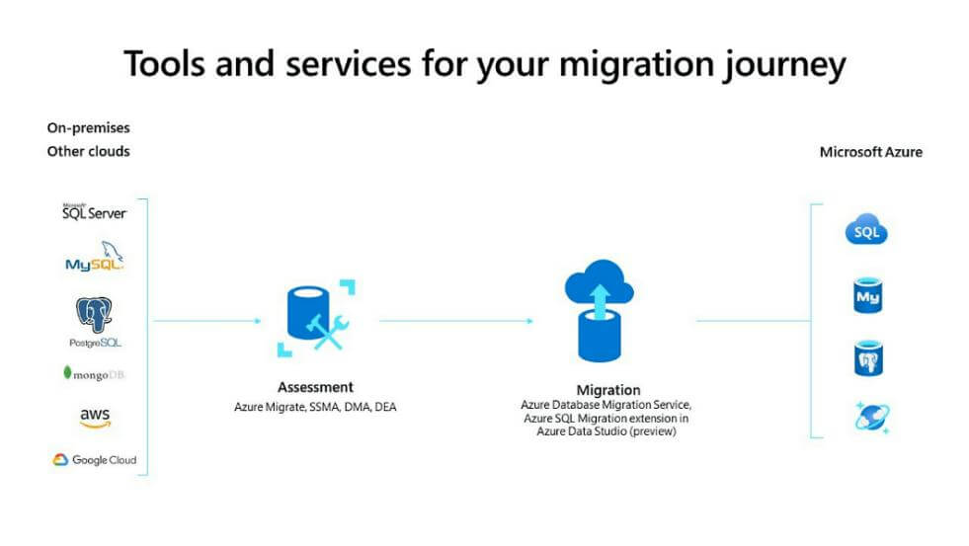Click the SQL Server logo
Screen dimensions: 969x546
pyautogui.click(x=94, y=212)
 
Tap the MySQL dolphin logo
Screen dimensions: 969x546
pyautogui.click(x=95, y=257)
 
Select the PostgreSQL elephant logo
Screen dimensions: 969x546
pyautogui.click(x=95, y=322)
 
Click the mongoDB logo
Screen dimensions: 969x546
pyautogui.click(x=94, y=373)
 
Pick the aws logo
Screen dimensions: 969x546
pyautogui.click(x=95, y=417)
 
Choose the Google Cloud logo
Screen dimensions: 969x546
pyautogui.click(x=95, y=459)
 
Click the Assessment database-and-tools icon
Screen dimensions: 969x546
pyautogui.click(x=316, y=319)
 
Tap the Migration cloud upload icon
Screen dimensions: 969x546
pyautogui.click(x=599, y=311)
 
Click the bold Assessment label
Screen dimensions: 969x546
pyautogui.click(x=315, y=387)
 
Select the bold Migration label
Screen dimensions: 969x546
pyautogui.click(x=608, y=390)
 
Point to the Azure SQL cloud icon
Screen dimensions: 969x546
pyautogui.click(x=866, y=229)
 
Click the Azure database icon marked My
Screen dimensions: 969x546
pyautogui.click(x=867, y=295)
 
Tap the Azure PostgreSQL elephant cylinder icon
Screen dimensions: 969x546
pyautogui.click(x=868, y=358)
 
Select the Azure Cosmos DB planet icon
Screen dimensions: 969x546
pyautogui.click(x=872, y=417)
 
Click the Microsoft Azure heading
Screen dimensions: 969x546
pyautogui.click(x=871, y=152)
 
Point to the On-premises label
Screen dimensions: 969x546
pyautogui.click(x=88, y=127)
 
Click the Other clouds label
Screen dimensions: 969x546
pyautogui.click(x=88, y=151)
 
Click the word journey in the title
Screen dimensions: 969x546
pyautogui.click(x=785, y=65)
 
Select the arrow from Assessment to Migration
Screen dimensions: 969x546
pyautogui.click(x=456, y=321)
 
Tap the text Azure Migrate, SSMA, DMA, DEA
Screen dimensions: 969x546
pyautogui.click(x=315, y=407)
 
